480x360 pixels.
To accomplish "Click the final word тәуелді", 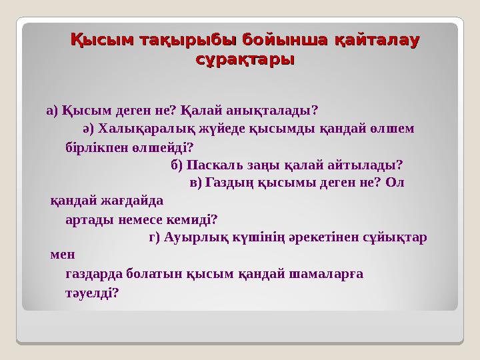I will tap(93, 292).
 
